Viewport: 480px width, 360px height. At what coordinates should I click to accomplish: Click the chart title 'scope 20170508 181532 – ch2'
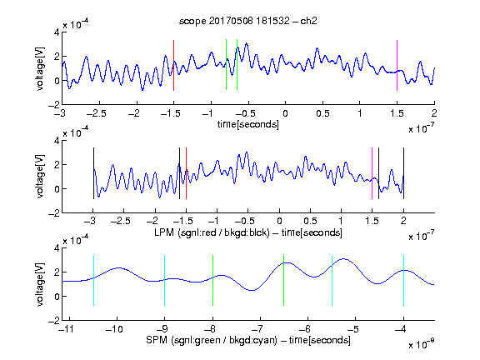[x=248, y=21]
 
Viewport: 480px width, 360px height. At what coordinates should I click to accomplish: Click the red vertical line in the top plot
[x=173, y=65]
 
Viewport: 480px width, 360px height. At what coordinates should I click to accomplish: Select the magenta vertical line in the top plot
[x=397, y=65]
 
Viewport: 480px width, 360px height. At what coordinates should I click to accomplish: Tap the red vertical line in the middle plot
[x=186, y=173]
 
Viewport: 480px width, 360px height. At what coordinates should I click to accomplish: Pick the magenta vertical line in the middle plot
[x=372, y=173]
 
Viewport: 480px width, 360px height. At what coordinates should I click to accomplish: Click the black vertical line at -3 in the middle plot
[x=93, y=173]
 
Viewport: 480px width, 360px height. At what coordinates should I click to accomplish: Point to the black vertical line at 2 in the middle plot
[x=403, y=173]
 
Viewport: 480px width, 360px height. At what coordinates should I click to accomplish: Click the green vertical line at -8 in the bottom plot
[x=212, y=280]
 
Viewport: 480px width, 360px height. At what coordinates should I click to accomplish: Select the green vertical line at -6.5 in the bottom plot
[x=284, y=280]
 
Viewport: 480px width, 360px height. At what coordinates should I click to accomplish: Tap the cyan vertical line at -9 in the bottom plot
[x=164, y=280]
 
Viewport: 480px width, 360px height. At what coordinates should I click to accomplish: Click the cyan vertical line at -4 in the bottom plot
[x=403, y=280]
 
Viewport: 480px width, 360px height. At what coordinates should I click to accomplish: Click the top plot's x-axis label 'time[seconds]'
[x=248, y=124]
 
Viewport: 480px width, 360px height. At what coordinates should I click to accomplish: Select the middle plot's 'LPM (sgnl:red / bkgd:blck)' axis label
[x=212, y=232]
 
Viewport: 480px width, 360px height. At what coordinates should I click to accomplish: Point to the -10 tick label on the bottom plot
[x=114, y=329]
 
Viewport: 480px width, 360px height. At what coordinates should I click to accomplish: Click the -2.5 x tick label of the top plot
[x=97, y=113]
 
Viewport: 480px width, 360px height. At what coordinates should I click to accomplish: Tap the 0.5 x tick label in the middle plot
[x=310, y=221]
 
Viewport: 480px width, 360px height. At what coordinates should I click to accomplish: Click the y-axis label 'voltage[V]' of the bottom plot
[x=40, y=284]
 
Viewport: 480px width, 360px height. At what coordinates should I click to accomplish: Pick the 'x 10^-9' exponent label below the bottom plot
[x=421, y=344]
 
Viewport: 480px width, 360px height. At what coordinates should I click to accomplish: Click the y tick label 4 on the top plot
[x=57, y=32]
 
